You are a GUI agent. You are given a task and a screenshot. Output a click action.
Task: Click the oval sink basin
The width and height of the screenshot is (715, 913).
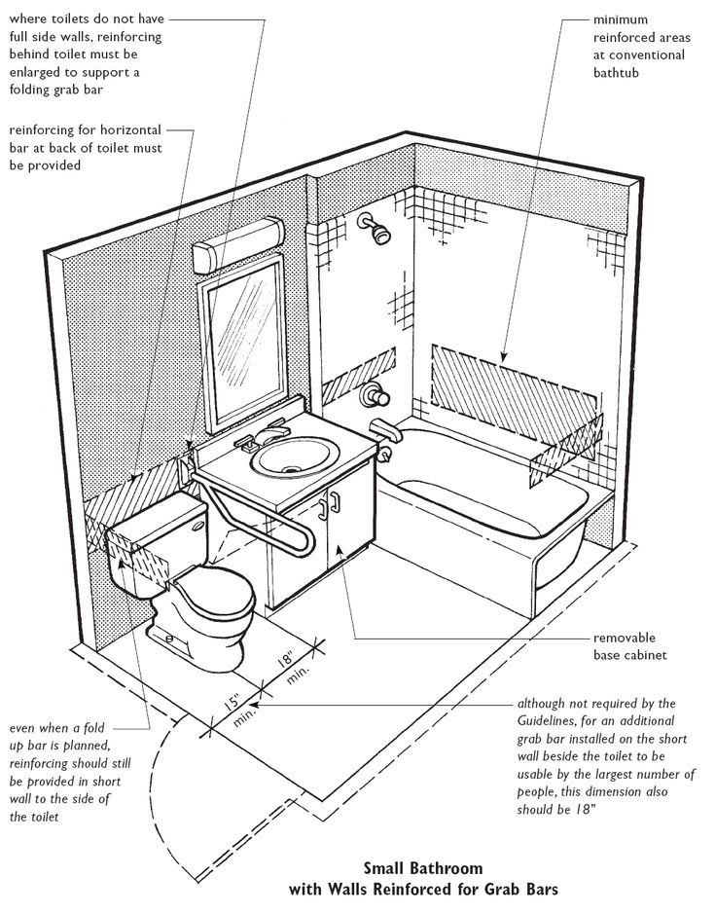[x=294, y=459]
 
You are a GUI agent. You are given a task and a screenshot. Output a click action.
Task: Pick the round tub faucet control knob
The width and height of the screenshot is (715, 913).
[x=372, y=396]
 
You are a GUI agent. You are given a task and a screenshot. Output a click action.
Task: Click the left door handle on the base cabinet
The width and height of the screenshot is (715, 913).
[x=321, y=507]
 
